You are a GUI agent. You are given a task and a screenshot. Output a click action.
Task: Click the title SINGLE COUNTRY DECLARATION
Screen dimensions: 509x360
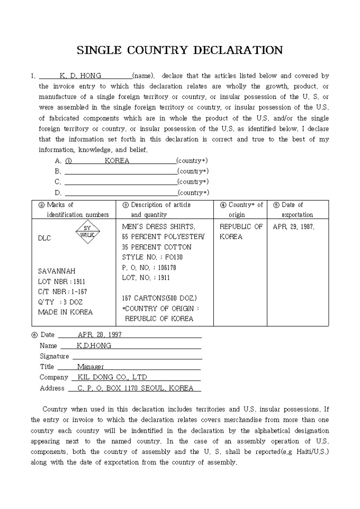tap(179, 50)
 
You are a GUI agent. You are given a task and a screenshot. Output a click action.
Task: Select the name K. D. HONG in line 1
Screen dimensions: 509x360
tap(80, 76)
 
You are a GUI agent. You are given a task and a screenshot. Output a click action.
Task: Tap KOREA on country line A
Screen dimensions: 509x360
tap(117, 160)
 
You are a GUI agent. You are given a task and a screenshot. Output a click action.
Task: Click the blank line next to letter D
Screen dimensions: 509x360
tap(121, 193)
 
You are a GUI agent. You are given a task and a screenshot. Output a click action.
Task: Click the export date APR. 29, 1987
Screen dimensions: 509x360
tap(293, 226)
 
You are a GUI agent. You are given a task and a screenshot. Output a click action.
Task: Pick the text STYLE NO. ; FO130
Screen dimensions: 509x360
tap(150, 257)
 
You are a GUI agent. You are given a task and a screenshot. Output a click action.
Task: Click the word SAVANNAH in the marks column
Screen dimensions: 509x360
tap(57, 271)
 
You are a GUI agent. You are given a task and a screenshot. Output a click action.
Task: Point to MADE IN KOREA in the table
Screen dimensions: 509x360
tap(65, 312)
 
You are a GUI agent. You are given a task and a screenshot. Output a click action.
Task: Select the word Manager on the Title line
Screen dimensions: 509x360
tap(91, 367)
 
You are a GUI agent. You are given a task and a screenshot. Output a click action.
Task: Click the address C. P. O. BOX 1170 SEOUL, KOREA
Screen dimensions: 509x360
tap(135, 388)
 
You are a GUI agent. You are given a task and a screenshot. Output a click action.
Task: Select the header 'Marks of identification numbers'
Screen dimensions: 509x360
tap(74, 210)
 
